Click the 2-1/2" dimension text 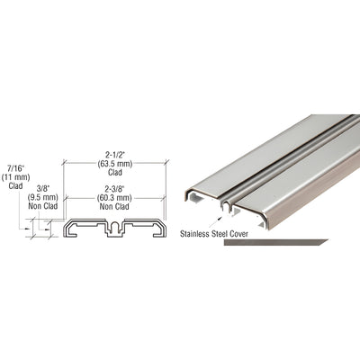112,153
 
